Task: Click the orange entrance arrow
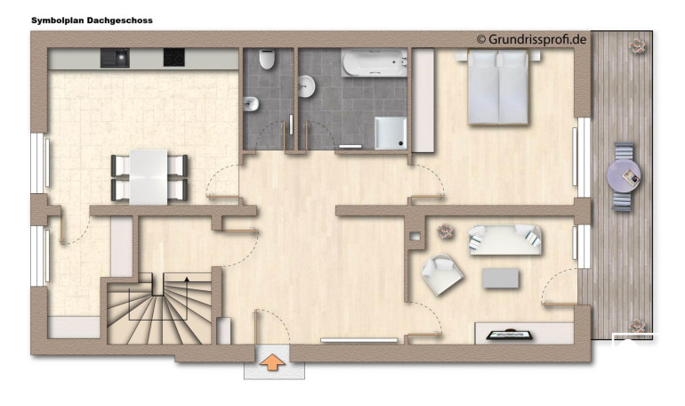coord(272,362)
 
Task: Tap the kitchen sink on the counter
coord(115,58)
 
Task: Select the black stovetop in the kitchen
coord(173,58)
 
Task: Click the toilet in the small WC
coord(267,60)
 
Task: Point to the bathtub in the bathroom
coord(375,63)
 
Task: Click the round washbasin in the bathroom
coord(307,86)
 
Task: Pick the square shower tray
coord(391,134)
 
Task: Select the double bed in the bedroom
coord(498,87)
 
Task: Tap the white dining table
coord(149,176)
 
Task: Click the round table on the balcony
coord(624,175)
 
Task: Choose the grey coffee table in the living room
coord(501,279)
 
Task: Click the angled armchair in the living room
coord(442,274)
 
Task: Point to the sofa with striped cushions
coord(505,240)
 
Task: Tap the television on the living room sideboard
coord(510,335)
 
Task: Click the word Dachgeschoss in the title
coord(120,20)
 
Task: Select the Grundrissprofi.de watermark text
coord(531,39)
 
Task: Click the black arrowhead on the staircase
coord(187,279)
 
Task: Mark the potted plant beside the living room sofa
coord(445,231)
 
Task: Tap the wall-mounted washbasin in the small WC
coord(251,104)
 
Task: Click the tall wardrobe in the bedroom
coord(423,101)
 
